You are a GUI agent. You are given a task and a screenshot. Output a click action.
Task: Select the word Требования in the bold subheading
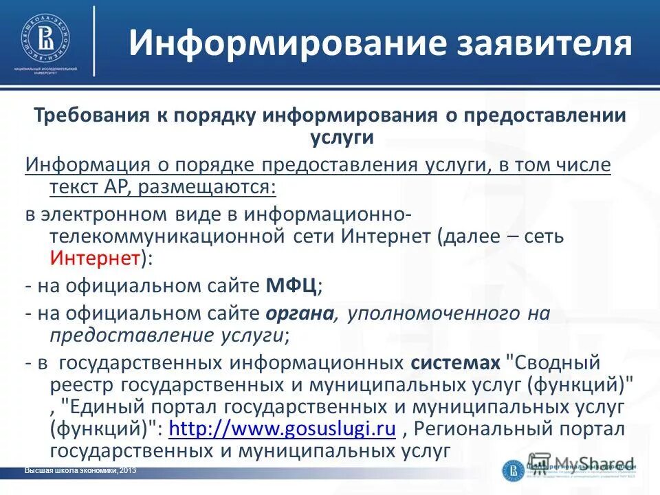pyautogui.click(x=83, y=115)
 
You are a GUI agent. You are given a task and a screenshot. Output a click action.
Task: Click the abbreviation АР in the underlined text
pyautogui.click(x=111, y=187)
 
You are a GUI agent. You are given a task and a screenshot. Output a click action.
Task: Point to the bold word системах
pyautogui.click(x=455, y=362)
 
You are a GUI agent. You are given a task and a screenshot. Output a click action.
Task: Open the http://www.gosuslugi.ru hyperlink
pyautogui.click(x=281, y=430)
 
